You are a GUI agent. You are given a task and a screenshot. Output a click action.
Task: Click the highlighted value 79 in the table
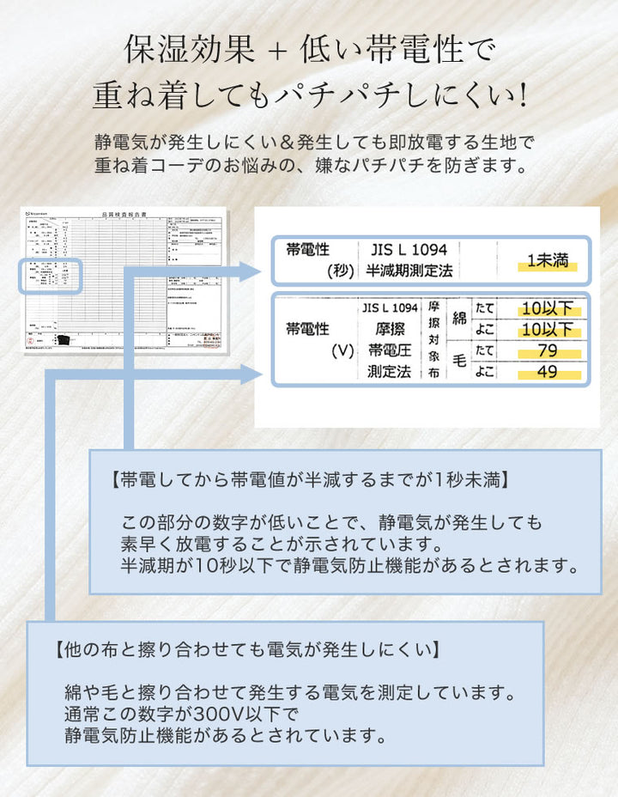click(x=547, y=350)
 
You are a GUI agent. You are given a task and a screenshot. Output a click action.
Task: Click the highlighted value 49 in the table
click(x=547, y=372)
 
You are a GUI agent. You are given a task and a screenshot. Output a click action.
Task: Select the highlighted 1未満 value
click(x=547, y=261)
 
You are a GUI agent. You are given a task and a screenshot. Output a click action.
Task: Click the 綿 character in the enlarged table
click(x=459, y=318)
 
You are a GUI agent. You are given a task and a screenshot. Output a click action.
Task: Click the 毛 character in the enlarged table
click(x=459, y=361)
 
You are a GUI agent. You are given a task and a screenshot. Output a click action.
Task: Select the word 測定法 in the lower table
click(x=391, y=372)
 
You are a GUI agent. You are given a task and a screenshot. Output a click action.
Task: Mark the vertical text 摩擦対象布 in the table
click(x=433, y=340)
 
